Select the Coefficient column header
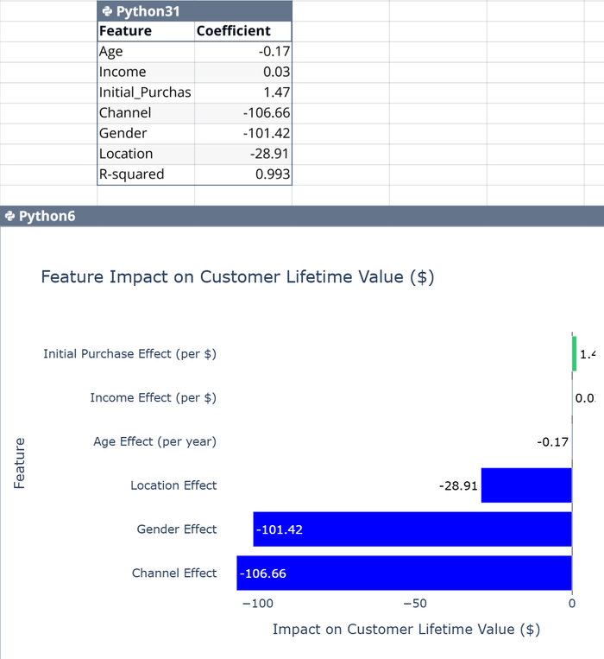coord(233,31)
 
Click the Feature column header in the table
coord(125,31)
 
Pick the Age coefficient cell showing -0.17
coord(243,52)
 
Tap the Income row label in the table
coord(123,72)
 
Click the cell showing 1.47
coord(243,92)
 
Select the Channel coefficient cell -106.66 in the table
coord(243,112)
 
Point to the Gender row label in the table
coord(123,133)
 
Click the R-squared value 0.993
coord(243,174)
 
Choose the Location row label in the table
coord(126,154)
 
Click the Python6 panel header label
coord(46,216)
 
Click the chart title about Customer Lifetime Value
coord(237,277)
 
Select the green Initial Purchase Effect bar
coord(574,353)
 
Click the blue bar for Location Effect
coord(526,485)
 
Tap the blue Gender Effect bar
coord(412,529)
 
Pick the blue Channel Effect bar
coord(404,573)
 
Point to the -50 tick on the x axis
coord(414,603)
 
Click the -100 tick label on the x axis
coord(256,603)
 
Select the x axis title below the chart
coord(406,630)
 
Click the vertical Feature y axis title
coord(20,463)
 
